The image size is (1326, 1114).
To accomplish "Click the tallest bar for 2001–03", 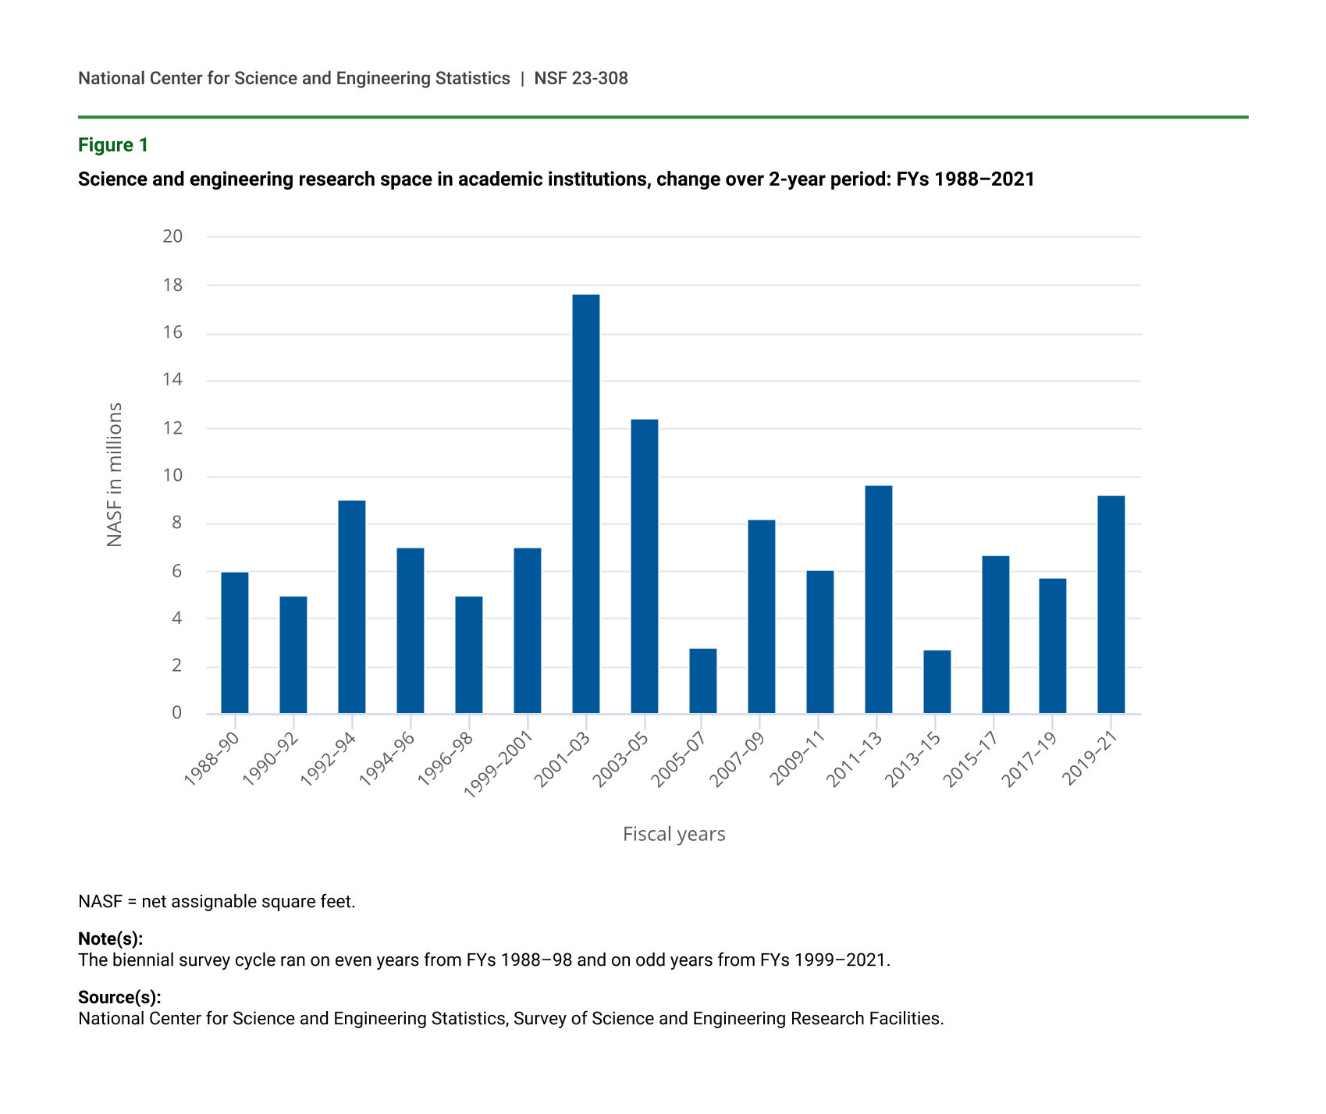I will click(x=585, y=504).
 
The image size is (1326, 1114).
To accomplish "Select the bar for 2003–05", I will click(x=645, y=566).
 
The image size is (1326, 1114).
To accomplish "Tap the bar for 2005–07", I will click(x=702, y=681).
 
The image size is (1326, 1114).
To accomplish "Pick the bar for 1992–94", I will click(x=352, y=607).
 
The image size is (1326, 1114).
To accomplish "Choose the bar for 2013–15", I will click(x=937, y=682).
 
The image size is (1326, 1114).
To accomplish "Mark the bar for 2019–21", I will click(x=1111, y=605).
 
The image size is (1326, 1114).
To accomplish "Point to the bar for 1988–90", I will click(x=235, y=643).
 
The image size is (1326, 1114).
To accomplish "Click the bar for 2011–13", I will click(x=879, y=599).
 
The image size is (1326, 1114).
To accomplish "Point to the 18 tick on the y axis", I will click(x=172, y=286).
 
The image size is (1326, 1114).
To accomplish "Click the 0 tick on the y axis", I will click(x=177, y=713).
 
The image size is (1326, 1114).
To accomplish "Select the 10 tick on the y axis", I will click(x=172, y=476).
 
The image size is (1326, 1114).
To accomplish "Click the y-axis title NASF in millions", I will click(x=115, y=474).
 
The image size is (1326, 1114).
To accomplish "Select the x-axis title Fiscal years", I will click(x=674, y=835).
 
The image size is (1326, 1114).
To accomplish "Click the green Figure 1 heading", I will click(x=113, y=145).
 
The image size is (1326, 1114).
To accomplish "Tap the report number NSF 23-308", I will click(x=581, y=78).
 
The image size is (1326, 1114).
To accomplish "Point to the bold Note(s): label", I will click(x=110, y=938).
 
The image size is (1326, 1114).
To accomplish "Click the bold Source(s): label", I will click(x=119, y=997).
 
